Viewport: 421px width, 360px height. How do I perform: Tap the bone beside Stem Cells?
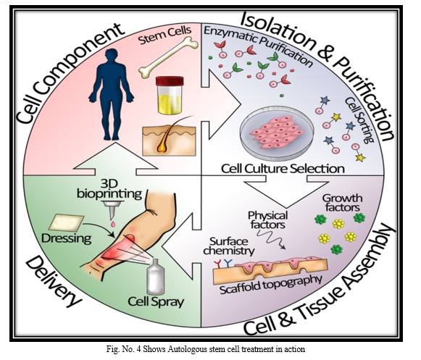point(169,57)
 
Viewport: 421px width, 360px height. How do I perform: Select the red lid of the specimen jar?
point(170,81)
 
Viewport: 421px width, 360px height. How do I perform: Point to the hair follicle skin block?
point(169,137)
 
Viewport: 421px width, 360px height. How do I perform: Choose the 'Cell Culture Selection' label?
point(283,169)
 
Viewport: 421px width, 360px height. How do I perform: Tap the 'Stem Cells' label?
point(165,35)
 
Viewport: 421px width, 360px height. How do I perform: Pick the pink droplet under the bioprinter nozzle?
point(113,223)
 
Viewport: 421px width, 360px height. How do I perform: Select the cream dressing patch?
point(67,222)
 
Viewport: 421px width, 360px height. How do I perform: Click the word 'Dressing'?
point(67,238)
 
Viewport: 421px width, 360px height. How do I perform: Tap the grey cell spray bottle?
point(156,277)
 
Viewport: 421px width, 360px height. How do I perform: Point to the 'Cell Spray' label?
point(156,302)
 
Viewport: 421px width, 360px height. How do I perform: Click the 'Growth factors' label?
point(342,203)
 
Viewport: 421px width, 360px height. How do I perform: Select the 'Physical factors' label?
point(267,220)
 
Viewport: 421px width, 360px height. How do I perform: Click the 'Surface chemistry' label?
point(229,246)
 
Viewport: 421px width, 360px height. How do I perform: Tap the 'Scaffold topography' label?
point(271,285)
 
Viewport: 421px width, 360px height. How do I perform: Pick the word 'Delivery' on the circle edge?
point(53,281)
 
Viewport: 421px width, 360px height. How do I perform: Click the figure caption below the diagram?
point(206,349)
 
